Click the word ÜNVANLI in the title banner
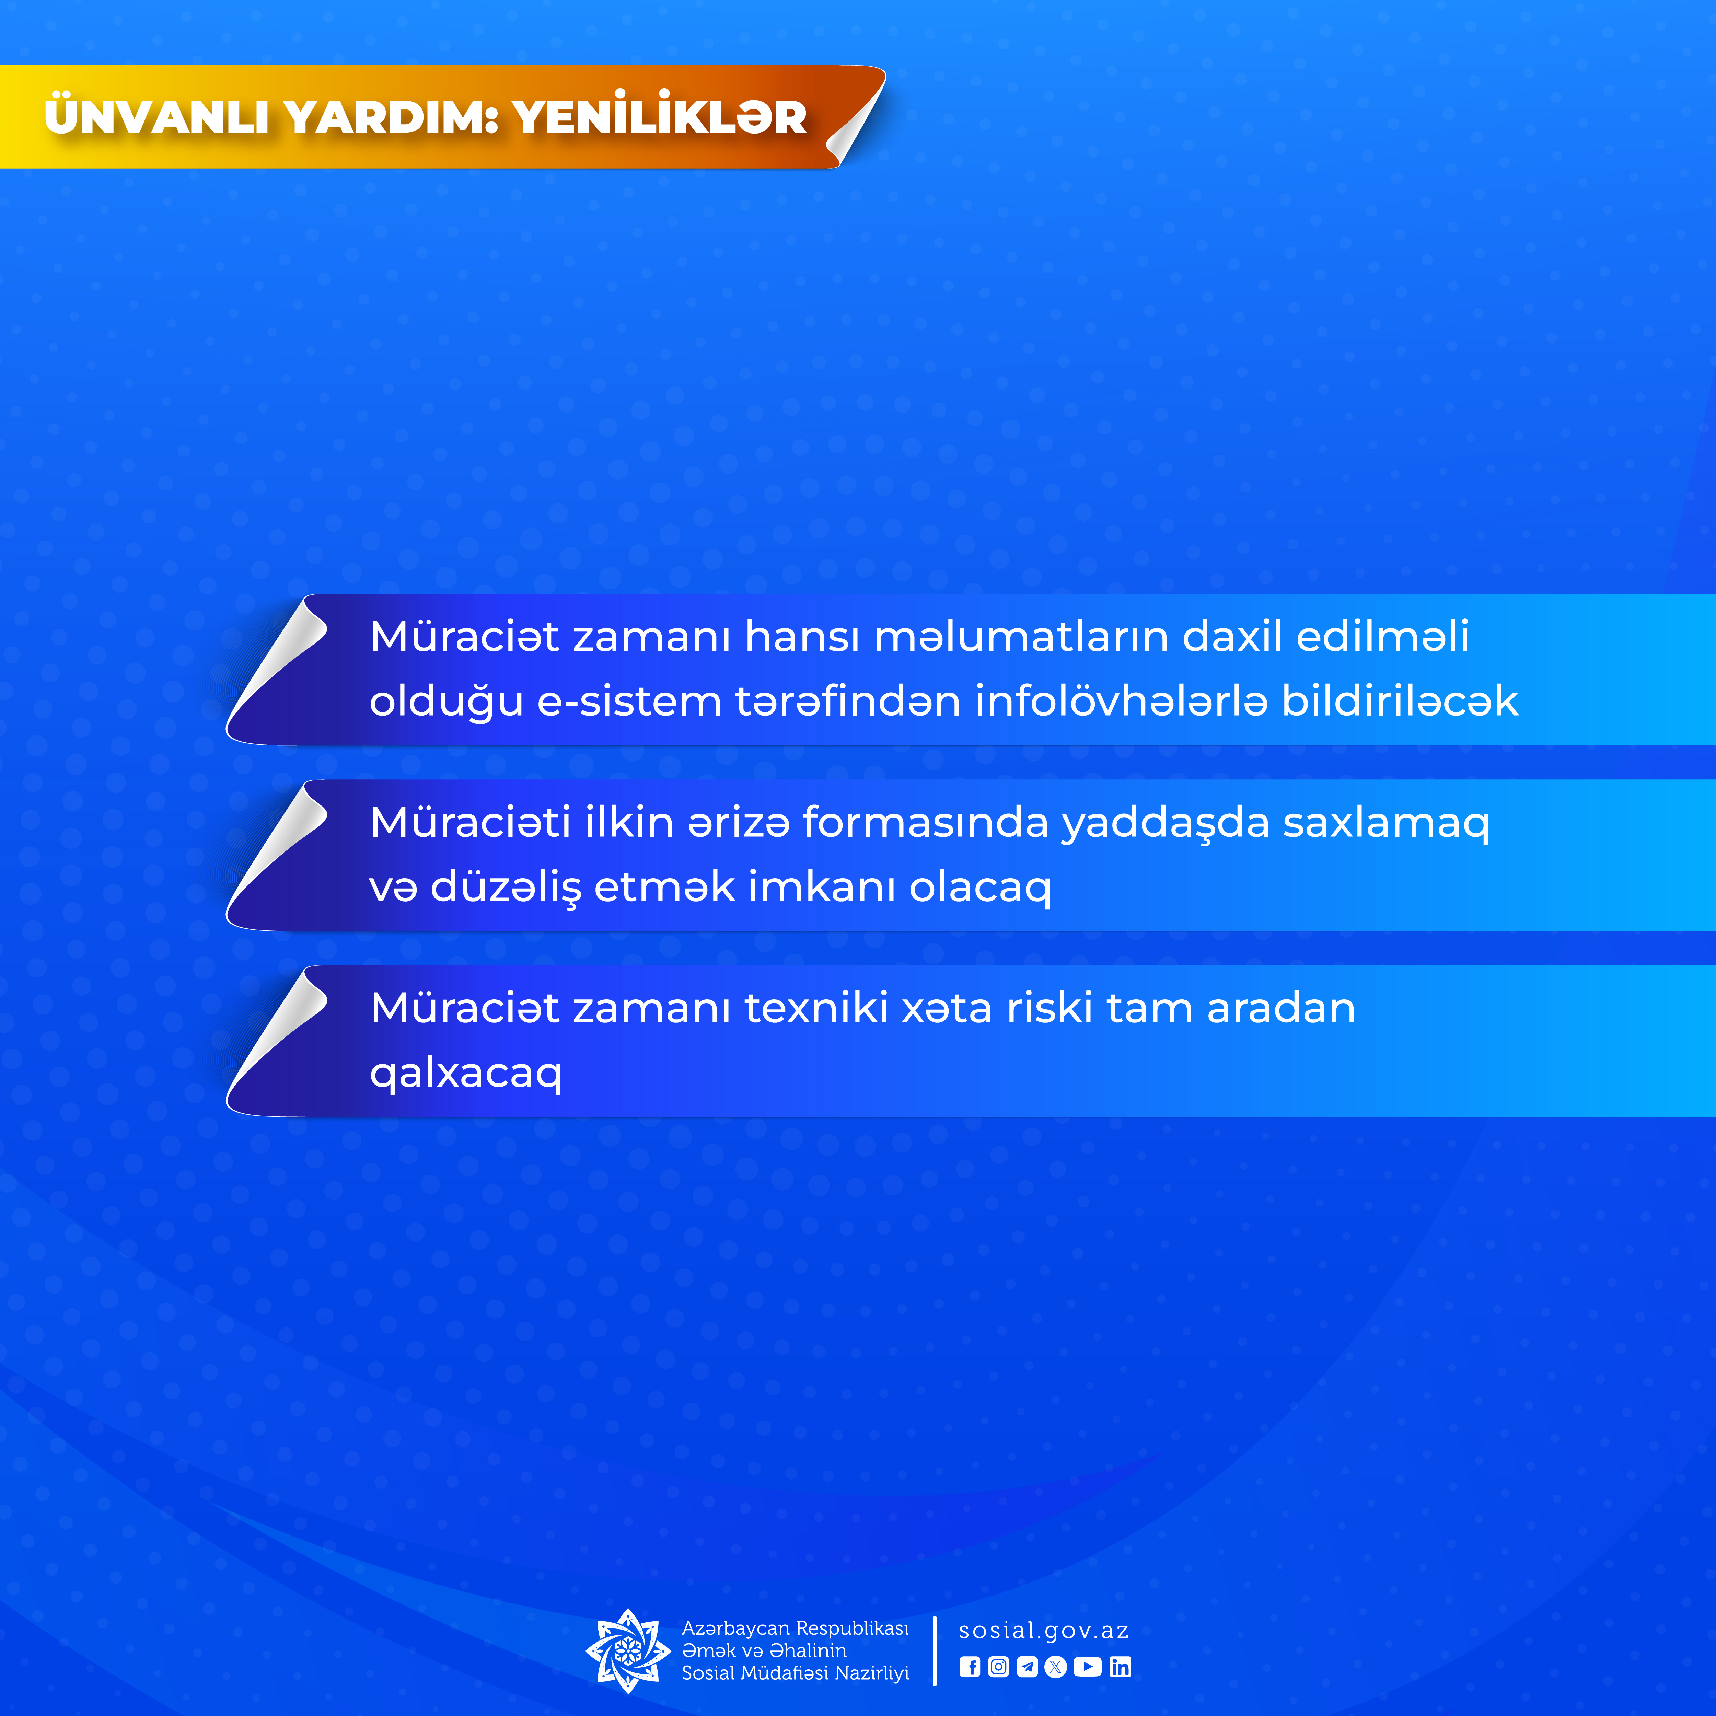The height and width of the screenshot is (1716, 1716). coord(156,116)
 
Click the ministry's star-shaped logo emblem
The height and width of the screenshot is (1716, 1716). coord(628,1651)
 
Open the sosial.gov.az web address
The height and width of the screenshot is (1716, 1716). coord(1044,1631)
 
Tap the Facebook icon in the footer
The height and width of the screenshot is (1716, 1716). coord(970,1667)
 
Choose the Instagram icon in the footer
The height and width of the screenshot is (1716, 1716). coord(998,1667)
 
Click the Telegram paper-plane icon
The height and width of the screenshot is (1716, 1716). coord(1028,1667)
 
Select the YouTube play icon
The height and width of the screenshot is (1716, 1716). coord(1087,1667)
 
